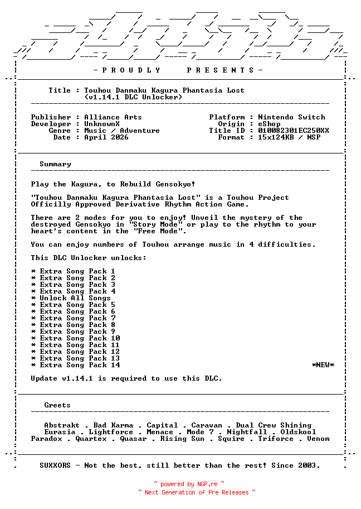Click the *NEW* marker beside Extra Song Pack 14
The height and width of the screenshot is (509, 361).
pos(323,365)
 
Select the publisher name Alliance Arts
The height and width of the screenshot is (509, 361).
pos(113,117)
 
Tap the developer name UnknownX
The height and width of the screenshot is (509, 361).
pos(102,124)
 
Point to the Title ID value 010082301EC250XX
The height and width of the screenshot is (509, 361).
pos(294,131)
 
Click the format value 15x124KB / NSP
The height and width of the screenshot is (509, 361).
pos(289,137)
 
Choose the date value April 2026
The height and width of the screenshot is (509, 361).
pos(106,137)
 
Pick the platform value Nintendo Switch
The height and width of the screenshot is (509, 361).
pos(291,117)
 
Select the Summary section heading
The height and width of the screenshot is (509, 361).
pos(55,164)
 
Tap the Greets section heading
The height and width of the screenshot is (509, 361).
pos(57,405)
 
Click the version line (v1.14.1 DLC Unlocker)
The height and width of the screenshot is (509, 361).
pos(133,97)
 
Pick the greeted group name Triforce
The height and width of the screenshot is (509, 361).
pos(276,439)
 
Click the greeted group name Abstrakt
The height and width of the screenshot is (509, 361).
pos(62,425)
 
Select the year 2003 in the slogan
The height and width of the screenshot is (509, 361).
pos(307,465)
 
